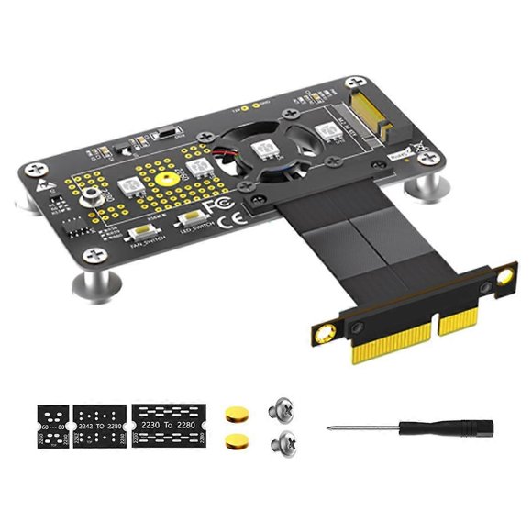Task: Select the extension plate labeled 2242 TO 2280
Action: pyautogui.click(x=98, y=427)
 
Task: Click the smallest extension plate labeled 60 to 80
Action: pyautogui.click(x=51, y=427)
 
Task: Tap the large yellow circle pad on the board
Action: pyautogui.click(x=165, y=175)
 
